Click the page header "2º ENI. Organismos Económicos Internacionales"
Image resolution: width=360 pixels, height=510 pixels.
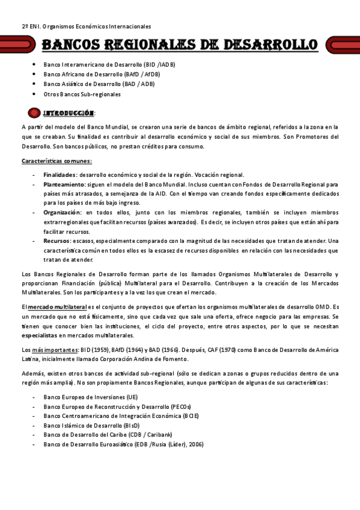click(87, 26)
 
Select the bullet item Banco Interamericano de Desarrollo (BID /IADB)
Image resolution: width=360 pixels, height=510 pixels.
click(109, 64)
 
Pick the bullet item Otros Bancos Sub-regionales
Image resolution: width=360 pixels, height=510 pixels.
click(82, 94)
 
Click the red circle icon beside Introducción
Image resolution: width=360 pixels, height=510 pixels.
click(34, 112)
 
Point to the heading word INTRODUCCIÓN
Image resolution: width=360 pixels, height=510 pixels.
click(69, 113)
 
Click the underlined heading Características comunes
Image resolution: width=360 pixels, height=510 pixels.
click(56, 161)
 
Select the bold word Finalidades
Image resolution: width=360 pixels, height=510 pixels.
click(59, 174)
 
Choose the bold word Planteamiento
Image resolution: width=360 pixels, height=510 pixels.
click(63, 184)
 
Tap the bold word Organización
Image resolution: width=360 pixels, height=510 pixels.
click(62, 212)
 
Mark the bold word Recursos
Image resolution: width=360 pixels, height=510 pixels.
click(56, 241)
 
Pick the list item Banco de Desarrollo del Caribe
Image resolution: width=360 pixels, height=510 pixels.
click(108, 434)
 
